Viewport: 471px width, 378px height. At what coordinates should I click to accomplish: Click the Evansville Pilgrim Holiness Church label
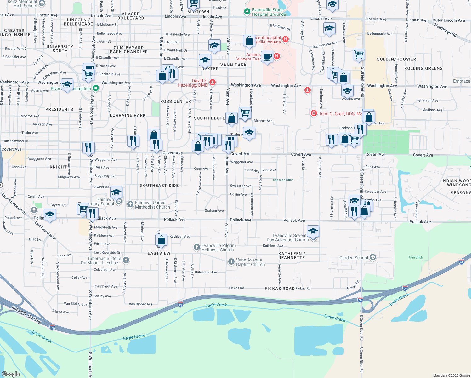click(x=218, y=248)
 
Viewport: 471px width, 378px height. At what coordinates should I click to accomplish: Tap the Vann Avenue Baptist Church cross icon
click(x=231, y=262)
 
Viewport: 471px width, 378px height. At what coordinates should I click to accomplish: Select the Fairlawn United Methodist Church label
click(x=152, y=205)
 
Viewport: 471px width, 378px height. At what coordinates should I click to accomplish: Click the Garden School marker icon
click(x=373, y=257)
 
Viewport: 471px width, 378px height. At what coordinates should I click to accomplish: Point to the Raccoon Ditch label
click(x=283, y=180)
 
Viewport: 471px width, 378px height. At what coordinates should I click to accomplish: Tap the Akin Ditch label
click(x=416, y=257)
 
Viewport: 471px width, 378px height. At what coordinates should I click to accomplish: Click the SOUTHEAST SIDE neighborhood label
click(x=159, y=186)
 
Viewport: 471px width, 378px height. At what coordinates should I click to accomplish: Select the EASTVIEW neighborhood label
click(x=159, y=253)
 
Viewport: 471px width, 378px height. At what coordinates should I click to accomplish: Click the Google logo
click(x=11, y=374)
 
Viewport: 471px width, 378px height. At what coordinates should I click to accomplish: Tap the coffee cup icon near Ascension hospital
click(x=267, y=57)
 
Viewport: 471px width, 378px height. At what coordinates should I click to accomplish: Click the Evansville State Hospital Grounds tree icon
click(x=247, y=12)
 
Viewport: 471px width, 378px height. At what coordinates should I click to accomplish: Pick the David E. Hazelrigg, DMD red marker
click(x=213, y=83)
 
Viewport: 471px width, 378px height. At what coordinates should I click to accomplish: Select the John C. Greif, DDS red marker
click(x=314, y=113)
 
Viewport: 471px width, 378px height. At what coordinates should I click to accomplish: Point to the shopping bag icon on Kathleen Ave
click(x=161, y=240)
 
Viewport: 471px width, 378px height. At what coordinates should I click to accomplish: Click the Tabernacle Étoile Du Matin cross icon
click(x=126, y=260)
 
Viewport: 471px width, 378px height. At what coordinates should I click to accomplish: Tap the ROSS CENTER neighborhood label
click(x=176, y=101)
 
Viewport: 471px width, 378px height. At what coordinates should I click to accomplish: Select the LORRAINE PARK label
click(x=128, y=115)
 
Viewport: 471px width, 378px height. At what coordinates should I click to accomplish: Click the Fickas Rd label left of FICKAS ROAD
click(x=236, y=288)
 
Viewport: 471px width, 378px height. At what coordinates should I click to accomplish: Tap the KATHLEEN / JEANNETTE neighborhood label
click(x=292, y=255)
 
